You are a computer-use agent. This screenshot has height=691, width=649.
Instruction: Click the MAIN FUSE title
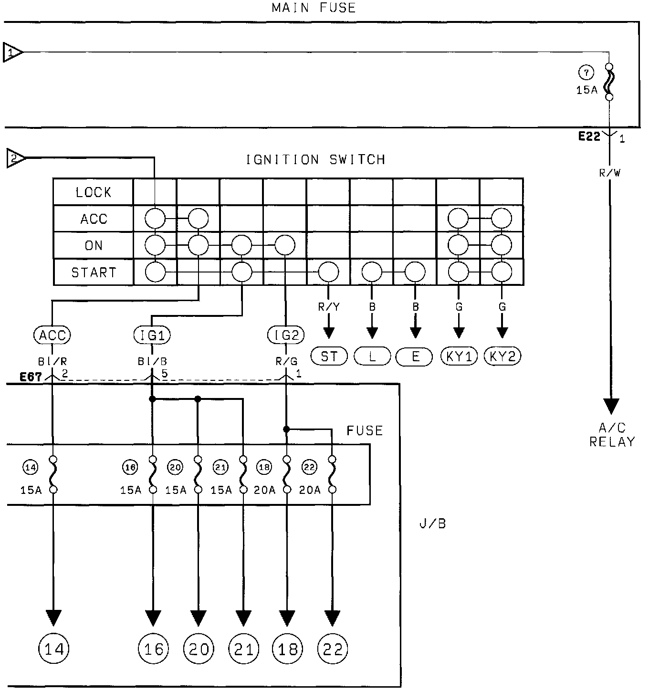coord(314,8)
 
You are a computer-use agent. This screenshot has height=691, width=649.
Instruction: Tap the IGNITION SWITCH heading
coord(315,159)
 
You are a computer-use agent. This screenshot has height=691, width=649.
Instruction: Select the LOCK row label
coord(93,192)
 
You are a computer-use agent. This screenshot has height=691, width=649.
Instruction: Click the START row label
coord(94,272)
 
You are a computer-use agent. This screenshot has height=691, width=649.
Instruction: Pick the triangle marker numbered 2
coord(16,158)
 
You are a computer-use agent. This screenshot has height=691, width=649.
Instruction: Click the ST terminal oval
coord(329,356)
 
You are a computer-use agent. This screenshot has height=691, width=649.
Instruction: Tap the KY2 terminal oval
coord(502,356)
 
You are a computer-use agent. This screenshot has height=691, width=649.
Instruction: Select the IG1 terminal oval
coord(152,335)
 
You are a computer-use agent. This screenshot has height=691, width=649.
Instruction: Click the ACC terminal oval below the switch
coord(52,335)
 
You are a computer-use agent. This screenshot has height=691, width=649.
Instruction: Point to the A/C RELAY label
coord(611,435)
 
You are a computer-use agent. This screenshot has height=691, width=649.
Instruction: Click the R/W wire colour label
coord(610,173)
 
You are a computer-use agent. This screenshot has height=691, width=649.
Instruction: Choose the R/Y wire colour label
coord(329,307)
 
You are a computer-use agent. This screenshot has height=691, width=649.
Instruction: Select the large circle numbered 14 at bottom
coord(53,649)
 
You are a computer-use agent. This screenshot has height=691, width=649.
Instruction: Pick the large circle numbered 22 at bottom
coord(333,649)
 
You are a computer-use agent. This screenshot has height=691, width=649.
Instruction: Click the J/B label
coord(432,523)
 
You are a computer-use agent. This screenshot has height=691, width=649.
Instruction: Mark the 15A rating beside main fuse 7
coord(586,89)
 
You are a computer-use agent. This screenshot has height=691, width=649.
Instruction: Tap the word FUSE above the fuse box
coord(365,431)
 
